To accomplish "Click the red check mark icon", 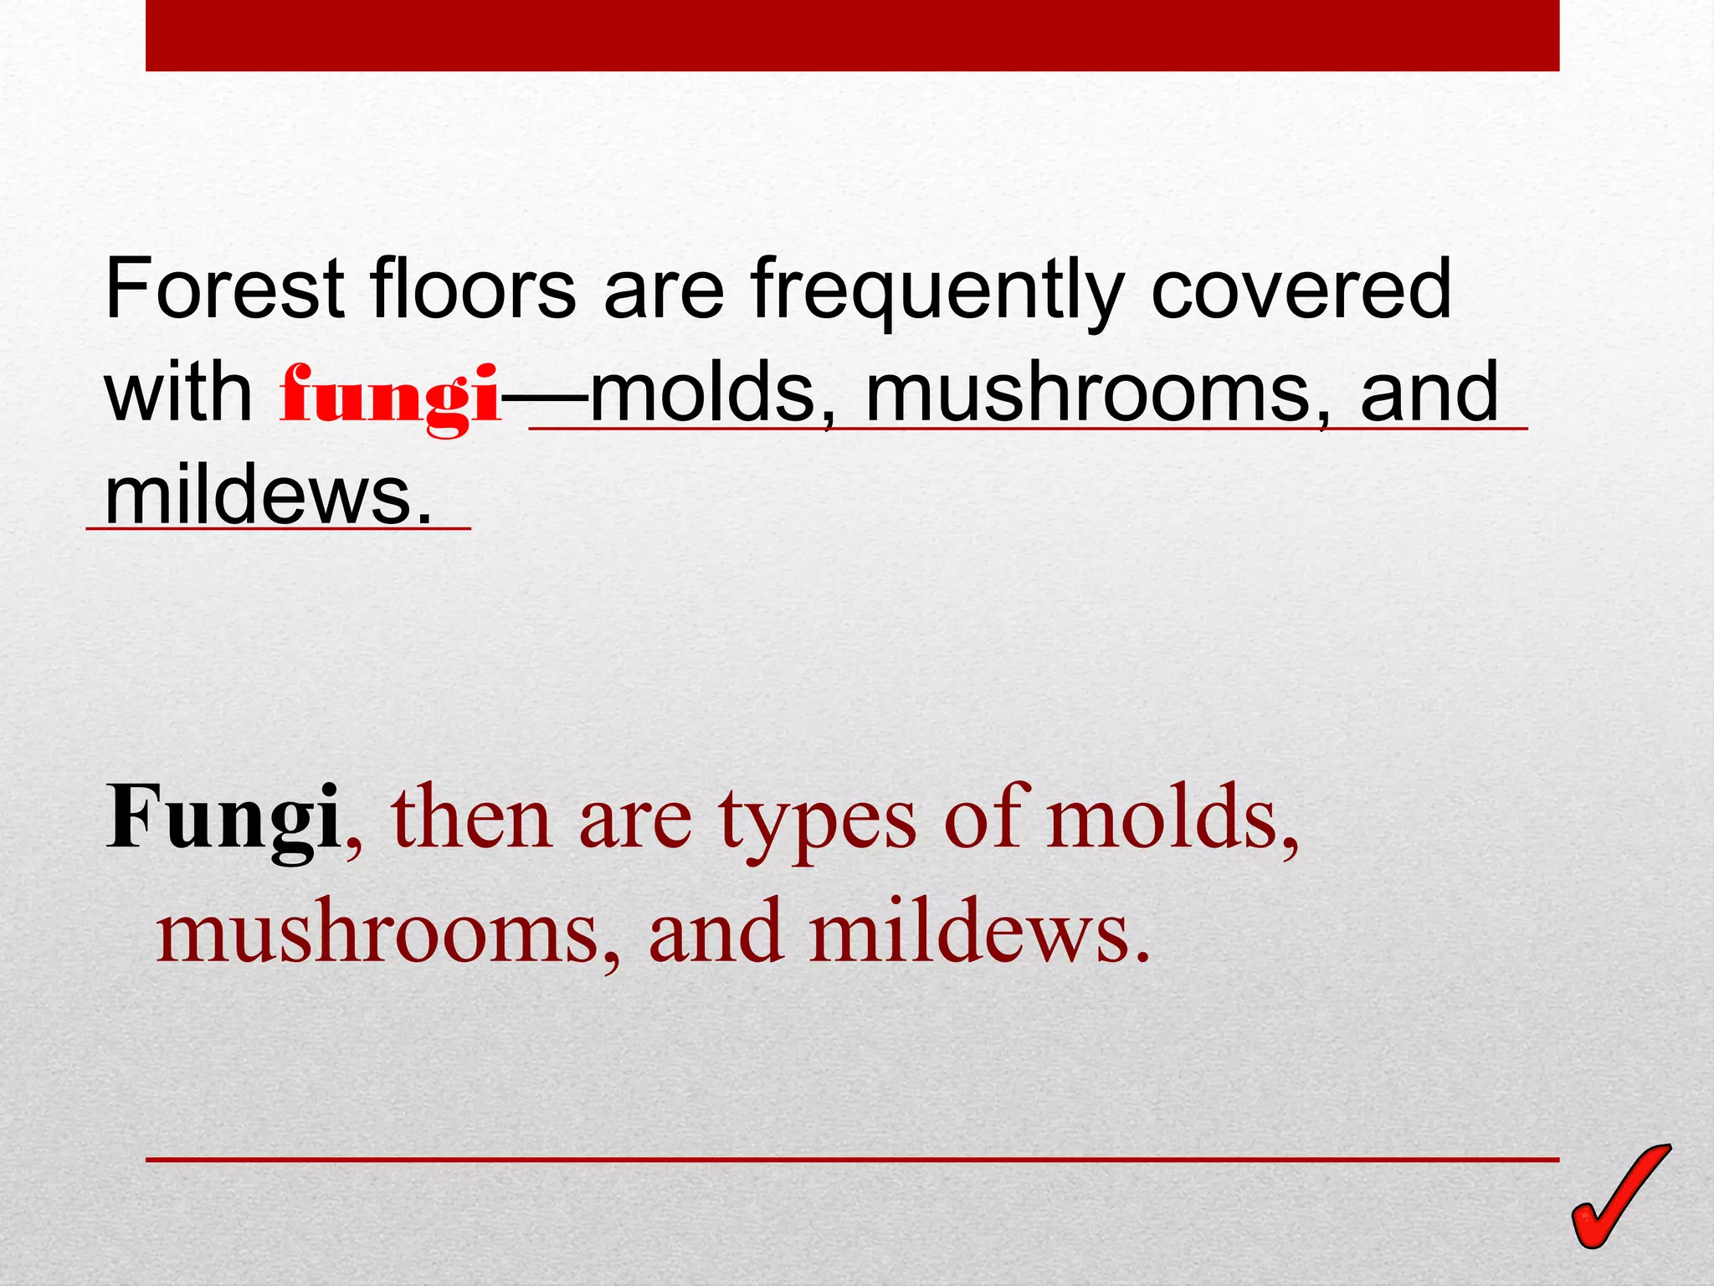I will [x=1619, y=1197].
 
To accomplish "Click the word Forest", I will [x=225, y=289].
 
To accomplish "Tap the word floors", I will [x=473, y=289].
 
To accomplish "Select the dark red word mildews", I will [x=979, y=931].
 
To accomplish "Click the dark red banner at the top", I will [x=852, y=35].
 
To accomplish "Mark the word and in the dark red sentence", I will [x=717, y=931].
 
